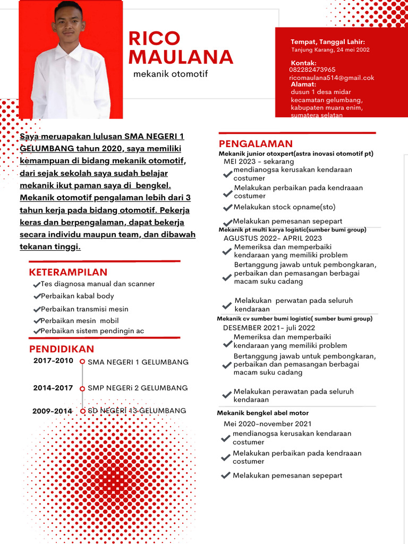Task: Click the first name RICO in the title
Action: (155, 38)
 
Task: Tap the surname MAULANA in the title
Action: (181, 57)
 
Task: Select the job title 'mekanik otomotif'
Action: (171, 74)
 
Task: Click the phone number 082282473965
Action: (312, 70)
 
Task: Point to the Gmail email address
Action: (331, 78)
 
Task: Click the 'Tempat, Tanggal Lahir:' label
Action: (328, 42)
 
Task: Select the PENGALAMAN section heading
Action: (256, 143)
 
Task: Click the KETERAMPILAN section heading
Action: (68, 273)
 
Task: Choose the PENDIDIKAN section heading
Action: (62, 349)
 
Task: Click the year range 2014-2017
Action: (53, 388)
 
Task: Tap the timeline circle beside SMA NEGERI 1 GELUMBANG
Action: (82, 362)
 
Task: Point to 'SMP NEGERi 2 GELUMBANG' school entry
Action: (138, 388)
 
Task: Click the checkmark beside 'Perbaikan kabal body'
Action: (37, 296)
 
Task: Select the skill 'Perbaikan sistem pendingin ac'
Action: (92, 331)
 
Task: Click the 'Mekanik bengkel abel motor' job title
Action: (262, 413)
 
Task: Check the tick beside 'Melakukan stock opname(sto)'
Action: (228, 208)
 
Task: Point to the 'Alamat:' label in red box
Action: (303, 84)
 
